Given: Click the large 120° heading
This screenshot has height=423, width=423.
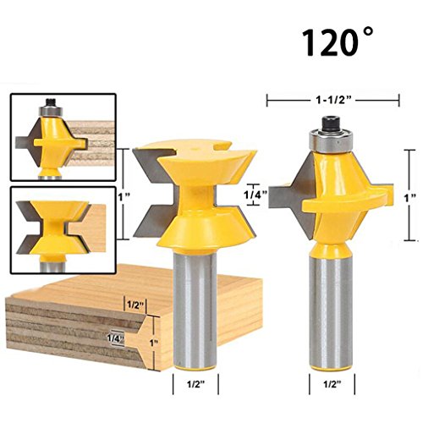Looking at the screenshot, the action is [338, 41].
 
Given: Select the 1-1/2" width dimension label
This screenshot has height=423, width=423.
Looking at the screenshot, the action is [333, 100].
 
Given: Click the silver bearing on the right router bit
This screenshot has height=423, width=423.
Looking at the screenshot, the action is [330, 141].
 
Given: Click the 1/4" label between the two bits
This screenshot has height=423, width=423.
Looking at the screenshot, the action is [255, 195].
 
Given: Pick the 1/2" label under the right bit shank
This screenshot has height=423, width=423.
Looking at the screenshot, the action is [332, 384].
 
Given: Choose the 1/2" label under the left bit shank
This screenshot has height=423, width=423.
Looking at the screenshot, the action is [196, 384].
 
